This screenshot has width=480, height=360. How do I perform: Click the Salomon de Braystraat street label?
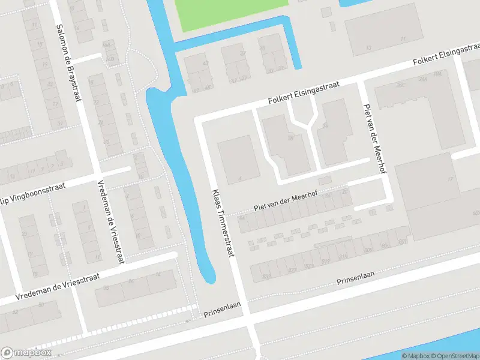67,62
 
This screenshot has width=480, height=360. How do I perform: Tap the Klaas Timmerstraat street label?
221,223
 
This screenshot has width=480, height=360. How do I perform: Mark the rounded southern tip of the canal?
208,278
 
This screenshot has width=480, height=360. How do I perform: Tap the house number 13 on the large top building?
368,47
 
